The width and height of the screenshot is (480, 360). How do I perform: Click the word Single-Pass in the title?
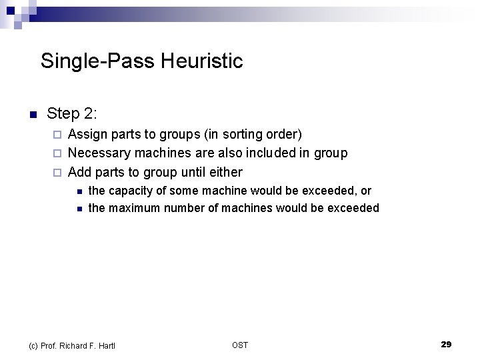(97, 61)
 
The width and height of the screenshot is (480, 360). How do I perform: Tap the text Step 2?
(72, 113)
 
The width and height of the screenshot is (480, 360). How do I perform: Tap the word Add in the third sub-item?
(80, 172)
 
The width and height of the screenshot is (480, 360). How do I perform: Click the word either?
(226, 172)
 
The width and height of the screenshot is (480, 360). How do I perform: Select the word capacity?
(131, 191)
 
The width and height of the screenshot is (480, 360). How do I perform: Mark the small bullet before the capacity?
(78, 191)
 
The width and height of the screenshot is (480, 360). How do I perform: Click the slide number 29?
(446, 344)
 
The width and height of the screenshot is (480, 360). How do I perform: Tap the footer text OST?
(240, 345)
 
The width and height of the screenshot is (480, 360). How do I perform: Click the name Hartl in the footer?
(106, 345)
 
